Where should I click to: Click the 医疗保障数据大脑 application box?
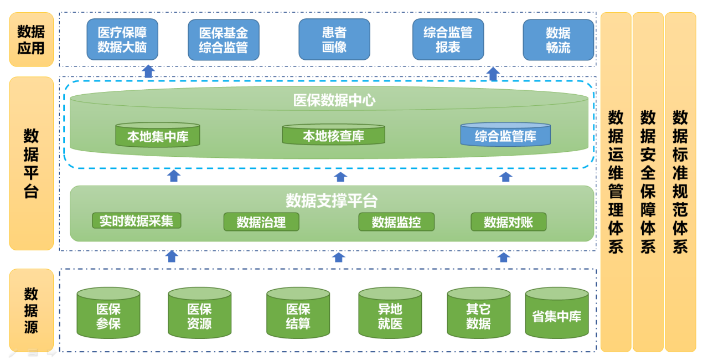[122, 39]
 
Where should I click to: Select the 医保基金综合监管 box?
[224, 40]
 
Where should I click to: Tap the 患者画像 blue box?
[334, 39]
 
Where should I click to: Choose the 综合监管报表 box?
[448, 39]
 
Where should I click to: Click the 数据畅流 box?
[558, 40]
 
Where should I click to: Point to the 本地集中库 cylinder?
[158, 136]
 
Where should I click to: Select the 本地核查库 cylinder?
[333, 135]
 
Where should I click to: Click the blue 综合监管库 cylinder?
[505, 135]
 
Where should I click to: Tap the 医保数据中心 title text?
[334, 100]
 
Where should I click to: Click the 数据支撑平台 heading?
[332, 200]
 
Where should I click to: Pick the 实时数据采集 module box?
[136, 220]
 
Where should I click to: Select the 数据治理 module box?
[261, 222]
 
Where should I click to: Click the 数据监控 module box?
[396, 222]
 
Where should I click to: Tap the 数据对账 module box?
[508, 222]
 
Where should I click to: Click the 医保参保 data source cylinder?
[108, 314]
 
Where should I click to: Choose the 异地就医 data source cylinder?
[390, 314]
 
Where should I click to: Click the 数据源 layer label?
[32, 310]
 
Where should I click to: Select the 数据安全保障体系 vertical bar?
[648, 182]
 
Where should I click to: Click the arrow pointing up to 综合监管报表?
[493, 74]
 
